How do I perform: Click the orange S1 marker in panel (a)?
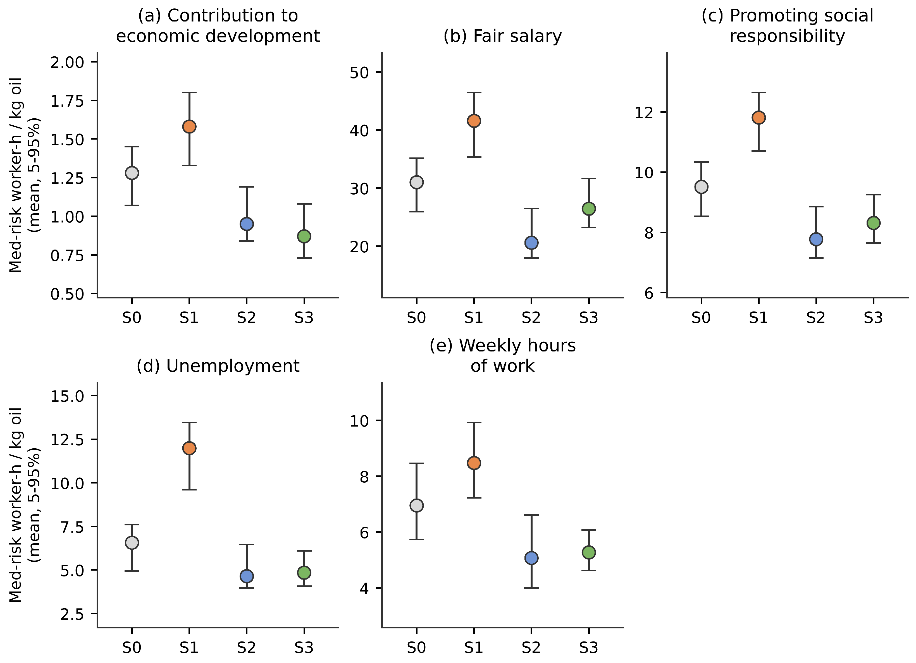[x=189, y=127]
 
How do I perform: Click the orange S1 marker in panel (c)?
[x=759, y=118]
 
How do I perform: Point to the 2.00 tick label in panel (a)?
[x=67, y=62]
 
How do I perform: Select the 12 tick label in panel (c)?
[x=645, y=112]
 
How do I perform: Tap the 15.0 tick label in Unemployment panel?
[x=67, y=396]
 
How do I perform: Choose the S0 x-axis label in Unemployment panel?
[x=132, y=648]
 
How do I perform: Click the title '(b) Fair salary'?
[x=502, y=36]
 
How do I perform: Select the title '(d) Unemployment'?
[x=218, y=366]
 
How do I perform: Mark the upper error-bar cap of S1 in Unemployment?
[x=189, y=423]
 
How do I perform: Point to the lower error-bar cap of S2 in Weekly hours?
[x=531, y=588]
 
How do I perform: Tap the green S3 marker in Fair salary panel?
[x=589, y=209]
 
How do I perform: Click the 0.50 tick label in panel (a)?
[x=67, y=294]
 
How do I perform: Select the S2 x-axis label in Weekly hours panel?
[x=531, y=648]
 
